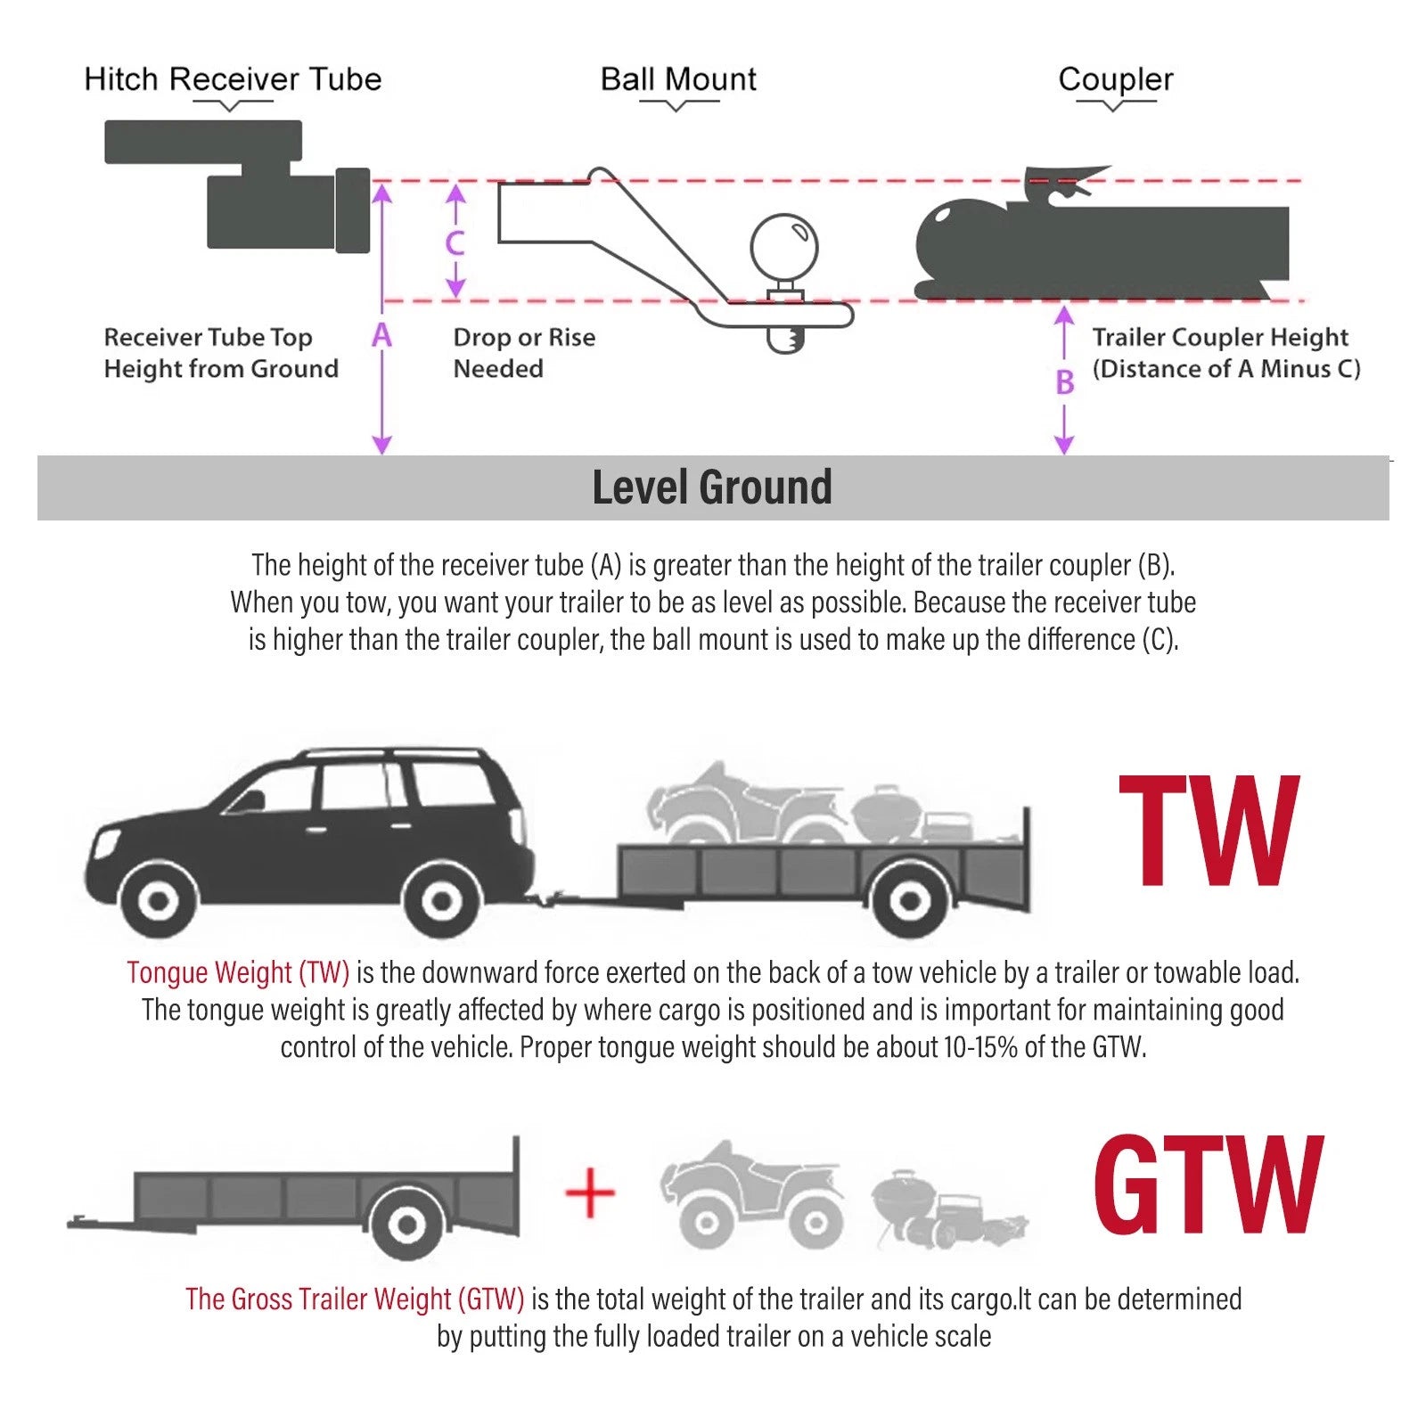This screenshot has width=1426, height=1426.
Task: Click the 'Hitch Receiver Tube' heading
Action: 233,79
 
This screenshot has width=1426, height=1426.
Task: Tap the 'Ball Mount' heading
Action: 678,79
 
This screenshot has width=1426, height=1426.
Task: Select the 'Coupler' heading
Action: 1115,80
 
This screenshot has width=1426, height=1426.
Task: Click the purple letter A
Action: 381,335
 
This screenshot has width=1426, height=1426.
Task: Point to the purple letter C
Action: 455,242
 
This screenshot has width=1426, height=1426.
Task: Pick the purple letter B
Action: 1064,382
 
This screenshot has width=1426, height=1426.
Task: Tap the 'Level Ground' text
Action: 712,488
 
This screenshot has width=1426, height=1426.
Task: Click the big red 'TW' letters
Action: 1209,831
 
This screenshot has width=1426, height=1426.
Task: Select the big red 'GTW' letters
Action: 1208,1184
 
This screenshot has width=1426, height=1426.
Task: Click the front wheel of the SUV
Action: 159,901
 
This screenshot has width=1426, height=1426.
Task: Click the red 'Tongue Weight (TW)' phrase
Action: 238,972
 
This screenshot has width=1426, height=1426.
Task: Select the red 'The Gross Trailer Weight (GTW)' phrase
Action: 355,1299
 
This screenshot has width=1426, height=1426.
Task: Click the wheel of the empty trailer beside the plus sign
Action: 406,1225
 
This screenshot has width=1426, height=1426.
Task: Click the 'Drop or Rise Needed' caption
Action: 524,353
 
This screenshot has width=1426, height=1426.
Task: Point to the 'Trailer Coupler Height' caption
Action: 1220,338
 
